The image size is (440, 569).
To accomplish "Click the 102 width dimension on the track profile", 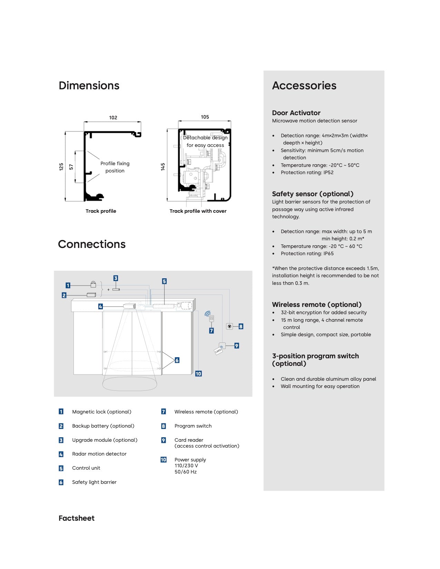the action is [113, 118].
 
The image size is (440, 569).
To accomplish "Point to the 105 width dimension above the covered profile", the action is [205, 117].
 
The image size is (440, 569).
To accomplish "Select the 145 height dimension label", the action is [163, 167].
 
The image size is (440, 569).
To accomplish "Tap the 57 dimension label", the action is [71, 167].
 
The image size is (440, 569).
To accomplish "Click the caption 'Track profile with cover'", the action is [198, 211].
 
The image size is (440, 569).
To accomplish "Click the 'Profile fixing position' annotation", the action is [115, 167].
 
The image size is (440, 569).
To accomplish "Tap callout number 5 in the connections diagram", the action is [164, 281].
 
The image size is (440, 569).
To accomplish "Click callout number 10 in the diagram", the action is [198, 374].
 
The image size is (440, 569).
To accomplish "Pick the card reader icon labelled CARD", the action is [219, 349].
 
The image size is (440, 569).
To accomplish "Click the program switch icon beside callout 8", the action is [229, 326].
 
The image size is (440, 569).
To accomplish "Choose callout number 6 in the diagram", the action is [177, 360].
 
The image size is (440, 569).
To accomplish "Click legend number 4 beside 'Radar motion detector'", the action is [61, 454].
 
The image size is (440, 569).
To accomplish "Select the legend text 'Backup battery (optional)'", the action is [103, 426].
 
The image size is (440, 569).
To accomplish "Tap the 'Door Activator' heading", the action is [296, 113].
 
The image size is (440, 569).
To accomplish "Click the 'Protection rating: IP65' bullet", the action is [307, 253].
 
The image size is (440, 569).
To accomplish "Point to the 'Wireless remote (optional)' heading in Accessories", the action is [316, 305].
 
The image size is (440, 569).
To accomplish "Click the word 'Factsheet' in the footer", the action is [77, 518].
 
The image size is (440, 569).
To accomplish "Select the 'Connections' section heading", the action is [92, 244].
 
